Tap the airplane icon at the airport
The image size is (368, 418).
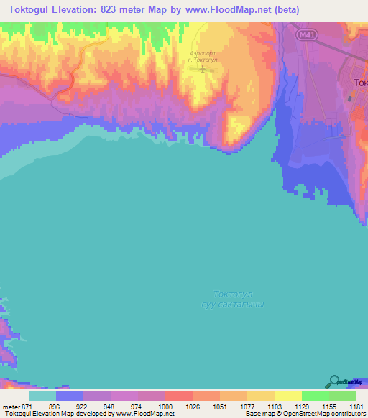click(x=204, y=70)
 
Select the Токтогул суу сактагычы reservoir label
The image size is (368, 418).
click(x=233, y=299)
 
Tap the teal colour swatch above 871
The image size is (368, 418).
click(x=42, y=395)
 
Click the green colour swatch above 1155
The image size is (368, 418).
click(x=316, y=395)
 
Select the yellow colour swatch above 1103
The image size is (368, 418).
click(x=261, y=395)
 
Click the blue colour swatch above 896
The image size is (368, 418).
click(x=69, y=395)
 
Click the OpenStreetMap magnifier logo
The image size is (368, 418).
click(x=333, y=382)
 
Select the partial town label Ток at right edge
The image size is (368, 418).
click(x=360, y=83)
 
